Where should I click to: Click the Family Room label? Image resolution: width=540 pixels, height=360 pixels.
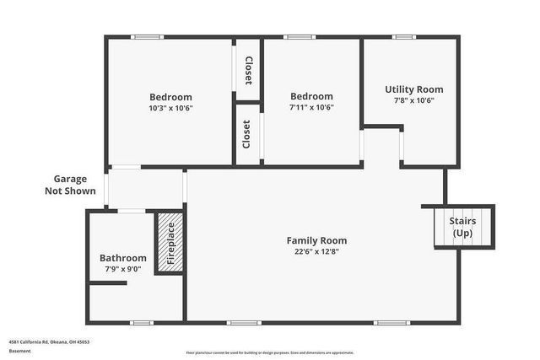pyautogui.click(x=316, y=240)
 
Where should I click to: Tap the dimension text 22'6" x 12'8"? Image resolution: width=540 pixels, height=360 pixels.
pyautogui.click(x=316, y=251)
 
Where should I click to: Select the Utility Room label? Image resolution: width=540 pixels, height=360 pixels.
pyautogui.click(x=413, y=89)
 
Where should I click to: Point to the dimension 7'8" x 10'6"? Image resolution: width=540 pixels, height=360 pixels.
pyautogui.click(x=413, y=100)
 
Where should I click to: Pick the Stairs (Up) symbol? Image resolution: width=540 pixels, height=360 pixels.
pyautogui.click(x=462, y=227)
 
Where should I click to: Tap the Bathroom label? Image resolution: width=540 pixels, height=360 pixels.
pyautogui.click(x=123, y=258)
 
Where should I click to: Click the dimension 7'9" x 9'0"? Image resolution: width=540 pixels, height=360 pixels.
pyautogui.click(x=123, y=269)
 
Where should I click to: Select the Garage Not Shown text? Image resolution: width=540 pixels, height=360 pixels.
pyautogui.click(x=70, y=185)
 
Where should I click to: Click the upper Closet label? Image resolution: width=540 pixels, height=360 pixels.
pyautogui.click(x=248, y=71)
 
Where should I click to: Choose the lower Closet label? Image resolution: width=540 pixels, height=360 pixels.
pyautogui.click(x=246, y=134)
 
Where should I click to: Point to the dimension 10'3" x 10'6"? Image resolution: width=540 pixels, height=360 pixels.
pyautogui.click(x=170, y=108)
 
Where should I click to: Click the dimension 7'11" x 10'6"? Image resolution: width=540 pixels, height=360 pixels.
pyautogui.click(x=311, y=108)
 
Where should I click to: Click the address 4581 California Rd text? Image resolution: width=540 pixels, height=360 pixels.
pyautogui.click(x=49, y=342)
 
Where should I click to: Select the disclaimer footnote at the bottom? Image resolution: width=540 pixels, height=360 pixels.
pyautogui.click(x=269, y=352)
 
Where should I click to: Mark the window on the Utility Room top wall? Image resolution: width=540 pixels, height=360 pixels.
pyautogui.click(x=405, y=36)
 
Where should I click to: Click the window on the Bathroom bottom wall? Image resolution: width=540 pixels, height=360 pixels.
pyautogui.click(x=142, y=322)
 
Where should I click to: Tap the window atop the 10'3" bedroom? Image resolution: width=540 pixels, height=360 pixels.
pyautogui.click(x=148, y=36)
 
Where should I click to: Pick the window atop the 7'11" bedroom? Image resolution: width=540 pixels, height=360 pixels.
pyautogui.click(x=299, y=36)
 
